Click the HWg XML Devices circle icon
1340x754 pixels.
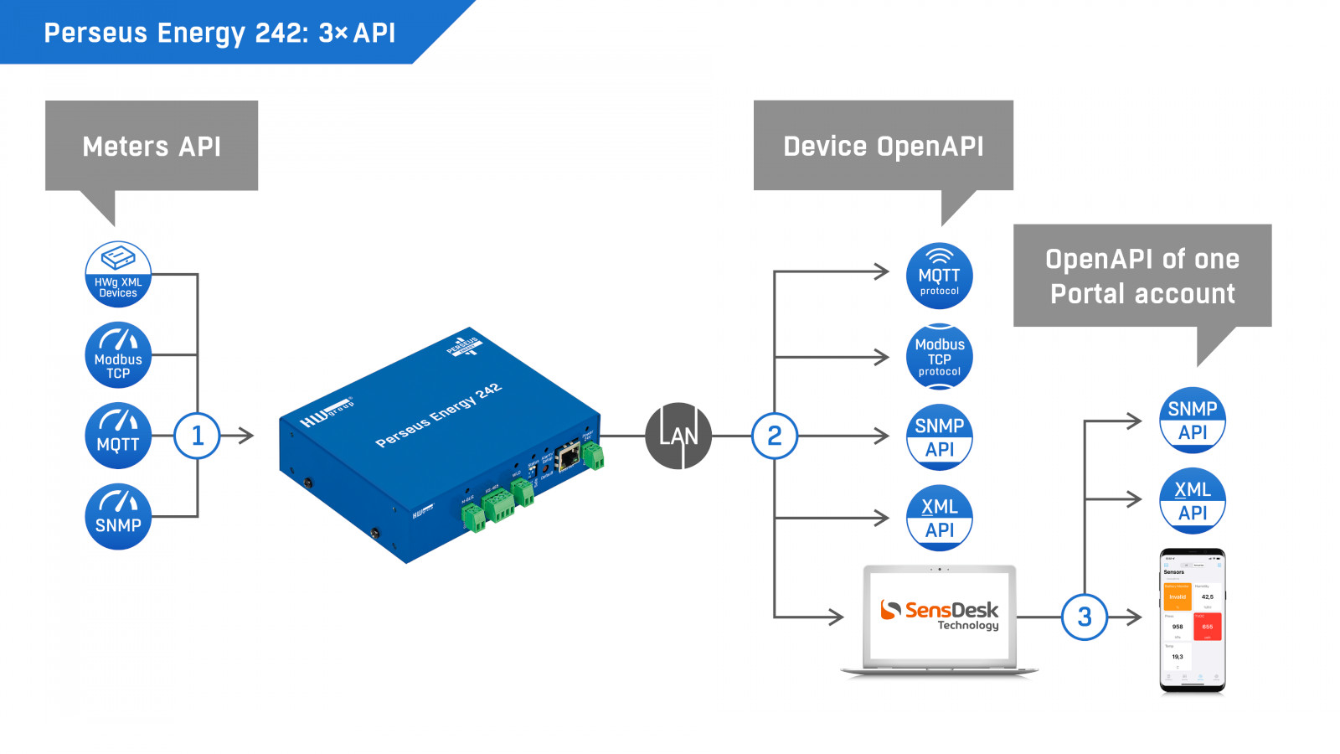[x=118, y=274]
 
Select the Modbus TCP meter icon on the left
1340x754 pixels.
[x=118, y=354]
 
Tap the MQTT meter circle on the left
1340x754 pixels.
[x=118, y=436]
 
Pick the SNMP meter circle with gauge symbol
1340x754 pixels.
[x=118, y=517]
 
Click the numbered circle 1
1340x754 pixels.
[x=197, y=436]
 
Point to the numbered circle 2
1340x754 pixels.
[x=774, y=436]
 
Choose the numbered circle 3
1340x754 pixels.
[x=1084, y=617]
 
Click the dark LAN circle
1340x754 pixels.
[x=678, y=436]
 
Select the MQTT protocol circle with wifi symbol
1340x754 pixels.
[x=939, y=276]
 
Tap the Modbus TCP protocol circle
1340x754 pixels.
[x=939, y=357]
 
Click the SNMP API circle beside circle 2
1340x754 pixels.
[x=939, y=436]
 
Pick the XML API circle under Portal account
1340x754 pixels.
[x=1193, y=500]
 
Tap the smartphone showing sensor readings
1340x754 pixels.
[x=1193, y=621]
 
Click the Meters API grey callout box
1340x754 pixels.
[x=152, y=146]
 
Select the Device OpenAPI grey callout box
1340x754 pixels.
[x=884, y=146]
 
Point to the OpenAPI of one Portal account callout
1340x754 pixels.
[x=1142, y=276]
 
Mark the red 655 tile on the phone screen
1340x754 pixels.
[x=1207, y=626]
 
